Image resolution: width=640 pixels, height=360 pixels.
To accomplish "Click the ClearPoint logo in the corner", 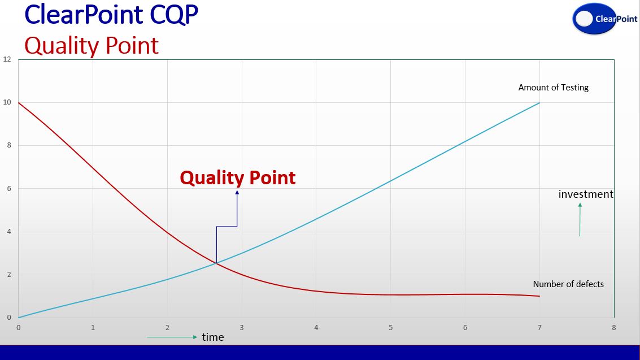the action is [605, 18].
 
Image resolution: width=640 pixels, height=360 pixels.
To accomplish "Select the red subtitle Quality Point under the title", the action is [92, 45].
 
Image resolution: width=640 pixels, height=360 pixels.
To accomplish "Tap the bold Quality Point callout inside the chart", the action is [238, 177].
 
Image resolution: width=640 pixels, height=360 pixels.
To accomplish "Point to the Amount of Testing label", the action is [553, 88].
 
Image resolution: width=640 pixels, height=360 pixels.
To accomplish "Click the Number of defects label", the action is [568, 284].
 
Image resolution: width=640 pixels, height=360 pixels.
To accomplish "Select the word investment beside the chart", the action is [586, 194].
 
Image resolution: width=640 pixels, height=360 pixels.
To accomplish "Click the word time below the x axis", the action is [213, 337].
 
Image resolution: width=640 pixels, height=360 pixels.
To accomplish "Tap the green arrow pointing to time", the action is [172, 337].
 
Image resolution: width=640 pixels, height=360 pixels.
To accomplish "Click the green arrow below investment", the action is [580, 220].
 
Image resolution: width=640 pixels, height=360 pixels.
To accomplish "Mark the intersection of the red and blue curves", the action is [216, 263].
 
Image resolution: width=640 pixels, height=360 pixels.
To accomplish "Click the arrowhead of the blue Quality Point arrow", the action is [237, 192].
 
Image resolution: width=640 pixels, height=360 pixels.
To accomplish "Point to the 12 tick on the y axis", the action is [7, 59].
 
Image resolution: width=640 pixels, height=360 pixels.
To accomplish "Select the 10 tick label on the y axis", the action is [7, 102].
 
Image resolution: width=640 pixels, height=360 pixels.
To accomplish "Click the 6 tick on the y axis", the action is [9, 189].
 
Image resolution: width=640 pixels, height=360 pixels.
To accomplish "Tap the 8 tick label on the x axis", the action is [614, 327].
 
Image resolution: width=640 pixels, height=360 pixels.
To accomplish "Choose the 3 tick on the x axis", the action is [242, 327].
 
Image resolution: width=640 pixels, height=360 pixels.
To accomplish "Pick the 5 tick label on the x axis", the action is [391, 327].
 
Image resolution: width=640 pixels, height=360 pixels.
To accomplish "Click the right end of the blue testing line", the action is [539, 102].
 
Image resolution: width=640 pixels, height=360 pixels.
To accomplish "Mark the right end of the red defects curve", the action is [539, 296].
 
